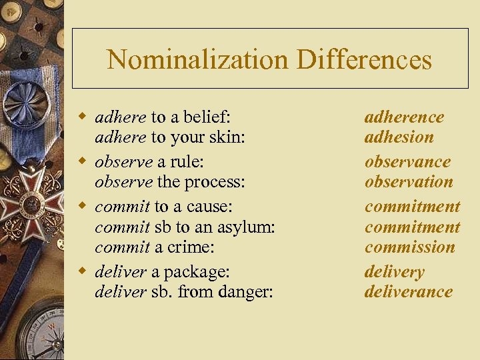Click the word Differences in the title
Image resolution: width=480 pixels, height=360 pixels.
(364, 60)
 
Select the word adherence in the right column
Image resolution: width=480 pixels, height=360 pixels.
(404, 117)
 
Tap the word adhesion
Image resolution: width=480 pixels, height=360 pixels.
(399, 137)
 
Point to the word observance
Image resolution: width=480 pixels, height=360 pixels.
(407, 162)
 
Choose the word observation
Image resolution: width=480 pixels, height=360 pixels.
(409, 182)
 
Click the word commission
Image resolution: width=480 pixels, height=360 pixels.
(409, 247)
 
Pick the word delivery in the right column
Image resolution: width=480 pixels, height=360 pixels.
(394, 272)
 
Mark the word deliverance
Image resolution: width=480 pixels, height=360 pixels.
(408, 292)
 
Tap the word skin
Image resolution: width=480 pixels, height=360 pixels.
(227, 138)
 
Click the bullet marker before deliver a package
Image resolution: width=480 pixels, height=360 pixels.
(82, 271)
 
